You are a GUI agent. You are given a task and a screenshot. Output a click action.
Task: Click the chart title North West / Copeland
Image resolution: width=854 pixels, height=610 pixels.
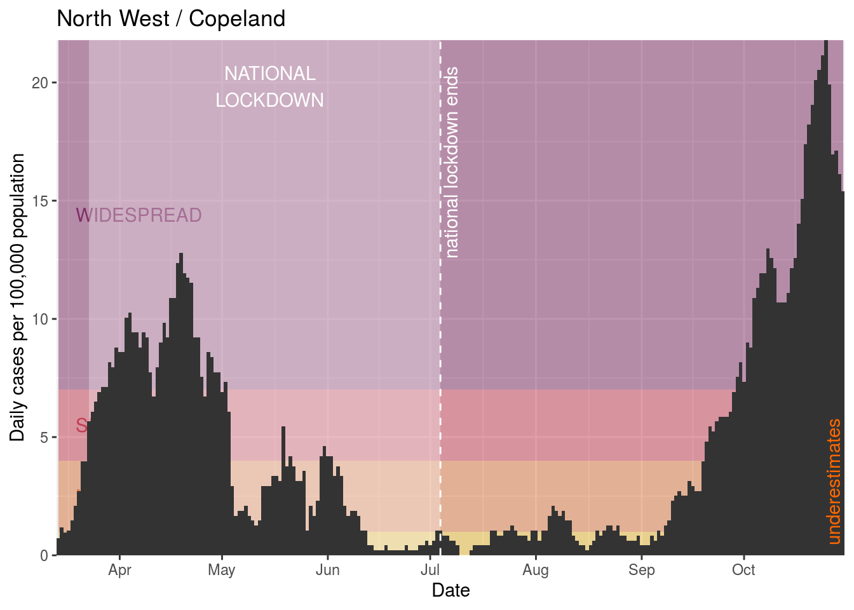[x=171, y=19]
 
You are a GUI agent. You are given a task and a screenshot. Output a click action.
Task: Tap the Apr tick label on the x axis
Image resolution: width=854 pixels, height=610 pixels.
[x=119, y=570]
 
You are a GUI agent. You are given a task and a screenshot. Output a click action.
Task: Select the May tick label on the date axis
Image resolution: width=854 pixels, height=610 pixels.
[x=221, y=570]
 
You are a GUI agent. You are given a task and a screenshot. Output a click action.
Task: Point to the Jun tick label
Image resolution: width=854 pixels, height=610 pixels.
[x=327, y=570]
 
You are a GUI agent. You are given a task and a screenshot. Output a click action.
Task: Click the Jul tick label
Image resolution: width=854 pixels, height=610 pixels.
[x=430, y=570]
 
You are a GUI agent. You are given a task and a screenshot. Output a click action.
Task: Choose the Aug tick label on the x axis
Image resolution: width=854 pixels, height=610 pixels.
[x=536, y=570]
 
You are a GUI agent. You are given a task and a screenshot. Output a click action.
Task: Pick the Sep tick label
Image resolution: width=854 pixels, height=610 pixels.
[x=641, y=570]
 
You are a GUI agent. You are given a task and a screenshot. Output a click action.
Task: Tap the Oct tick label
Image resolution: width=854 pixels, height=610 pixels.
[x=743, y=570]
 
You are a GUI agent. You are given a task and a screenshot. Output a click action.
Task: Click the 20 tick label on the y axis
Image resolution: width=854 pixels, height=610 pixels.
[x=40, y=83]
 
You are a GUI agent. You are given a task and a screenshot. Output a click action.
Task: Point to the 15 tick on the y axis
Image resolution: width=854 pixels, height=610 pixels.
[x=40, y=201]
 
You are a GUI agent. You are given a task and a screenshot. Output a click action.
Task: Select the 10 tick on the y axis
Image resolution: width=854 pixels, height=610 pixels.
[x=40, y=320]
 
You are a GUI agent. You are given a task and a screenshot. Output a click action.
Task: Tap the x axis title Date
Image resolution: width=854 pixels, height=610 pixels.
[x=451, y=591]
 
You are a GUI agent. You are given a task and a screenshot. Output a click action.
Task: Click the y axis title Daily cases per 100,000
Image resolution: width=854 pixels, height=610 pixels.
[x=18, y=297]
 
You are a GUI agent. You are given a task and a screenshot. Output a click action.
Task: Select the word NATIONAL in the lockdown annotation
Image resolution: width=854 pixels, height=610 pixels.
[x=269, y=74]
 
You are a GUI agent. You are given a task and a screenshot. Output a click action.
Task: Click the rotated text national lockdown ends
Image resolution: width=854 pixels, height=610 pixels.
[x=452, y=163]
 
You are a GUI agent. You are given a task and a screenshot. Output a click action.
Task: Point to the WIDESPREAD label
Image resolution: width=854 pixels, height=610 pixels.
[x=139, y=216]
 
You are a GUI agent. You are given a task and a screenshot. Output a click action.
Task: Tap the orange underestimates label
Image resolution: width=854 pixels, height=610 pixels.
[x=834, y=482]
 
